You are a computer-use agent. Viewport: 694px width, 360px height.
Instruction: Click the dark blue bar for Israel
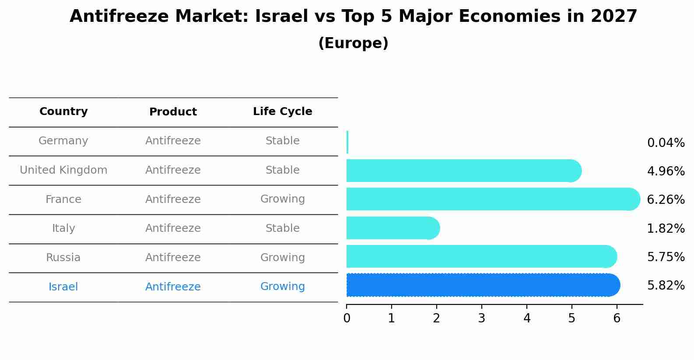481,285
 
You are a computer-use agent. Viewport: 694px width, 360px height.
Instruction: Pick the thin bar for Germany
347,142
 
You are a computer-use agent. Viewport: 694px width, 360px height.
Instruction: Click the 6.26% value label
666,200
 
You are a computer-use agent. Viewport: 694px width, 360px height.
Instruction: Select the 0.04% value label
666,143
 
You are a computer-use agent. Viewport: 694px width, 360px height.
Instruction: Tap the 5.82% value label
666,286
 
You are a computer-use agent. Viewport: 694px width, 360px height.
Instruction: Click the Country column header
63,112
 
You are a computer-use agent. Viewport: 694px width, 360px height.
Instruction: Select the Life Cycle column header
282,112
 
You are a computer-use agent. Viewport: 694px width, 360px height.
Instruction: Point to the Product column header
173,112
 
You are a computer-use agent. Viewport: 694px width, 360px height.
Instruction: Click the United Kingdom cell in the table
63,170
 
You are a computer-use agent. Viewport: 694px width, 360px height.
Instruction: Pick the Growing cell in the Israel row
282,287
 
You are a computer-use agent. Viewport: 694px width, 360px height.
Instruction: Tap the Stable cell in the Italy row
282,228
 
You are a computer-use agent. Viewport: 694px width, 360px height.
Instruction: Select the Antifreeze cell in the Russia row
173,258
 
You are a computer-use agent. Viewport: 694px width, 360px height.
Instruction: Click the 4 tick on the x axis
527,318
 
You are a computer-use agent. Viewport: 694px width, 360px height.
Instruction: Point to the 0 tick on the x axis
347,318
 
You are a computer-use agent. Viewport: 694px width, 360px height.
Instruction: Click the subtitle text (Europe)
353,43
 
